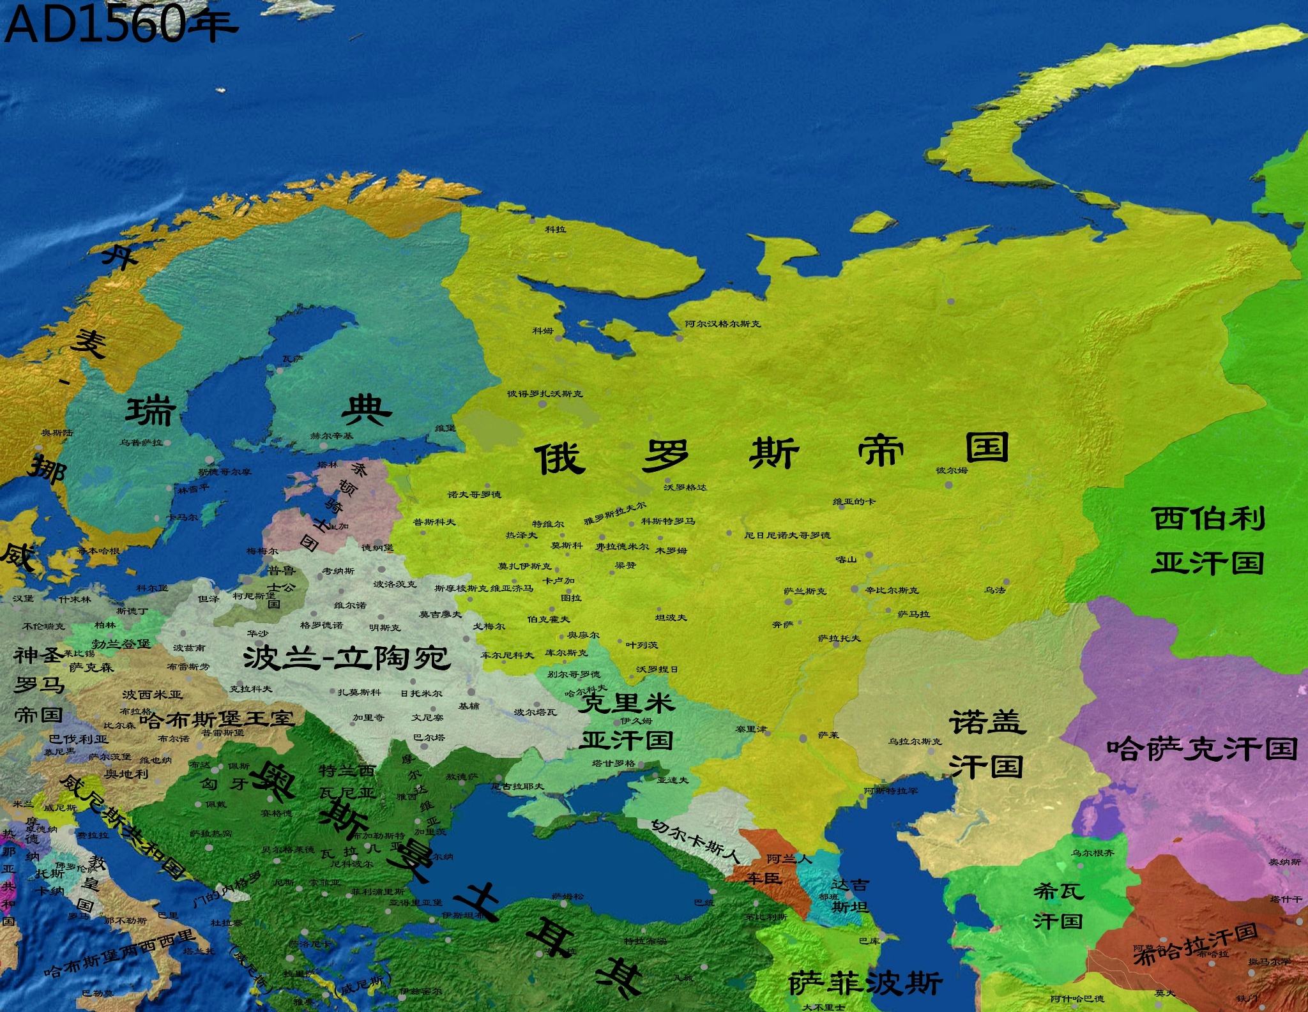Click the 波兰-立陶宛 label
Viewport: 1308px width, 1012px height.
tap(347, 658)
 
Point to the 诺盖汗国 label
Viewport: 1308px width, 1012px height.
tap(987, 744)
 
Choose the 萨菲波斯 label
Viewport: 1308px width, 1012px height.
tap(865, 984)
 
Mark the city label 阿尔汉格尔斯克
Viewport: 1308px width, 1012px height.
tap(722, 324)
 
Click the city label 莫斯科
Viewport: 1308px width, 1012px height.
tap(567, 546)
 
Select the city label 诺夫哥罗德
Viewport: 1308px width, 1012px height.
tap(475, 495)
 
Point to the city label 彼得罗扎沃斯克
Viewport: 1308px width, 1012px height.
tap(545, 394)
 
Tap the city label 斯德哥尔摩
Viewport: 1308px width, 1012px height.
tap(225, 472)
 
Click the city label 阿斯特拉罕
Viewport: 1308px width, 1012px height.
tap(892, 790)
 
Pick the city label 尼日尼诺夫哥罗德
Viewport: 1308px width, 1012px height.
tap(787, 535)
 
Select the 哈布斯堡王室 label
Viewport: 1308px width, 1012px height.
tap(217, 719)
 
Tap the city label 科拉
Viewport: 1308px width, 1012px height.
tap(555, 229)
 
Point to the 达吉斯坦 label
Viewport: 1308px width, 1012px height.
tap(850, 895)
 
